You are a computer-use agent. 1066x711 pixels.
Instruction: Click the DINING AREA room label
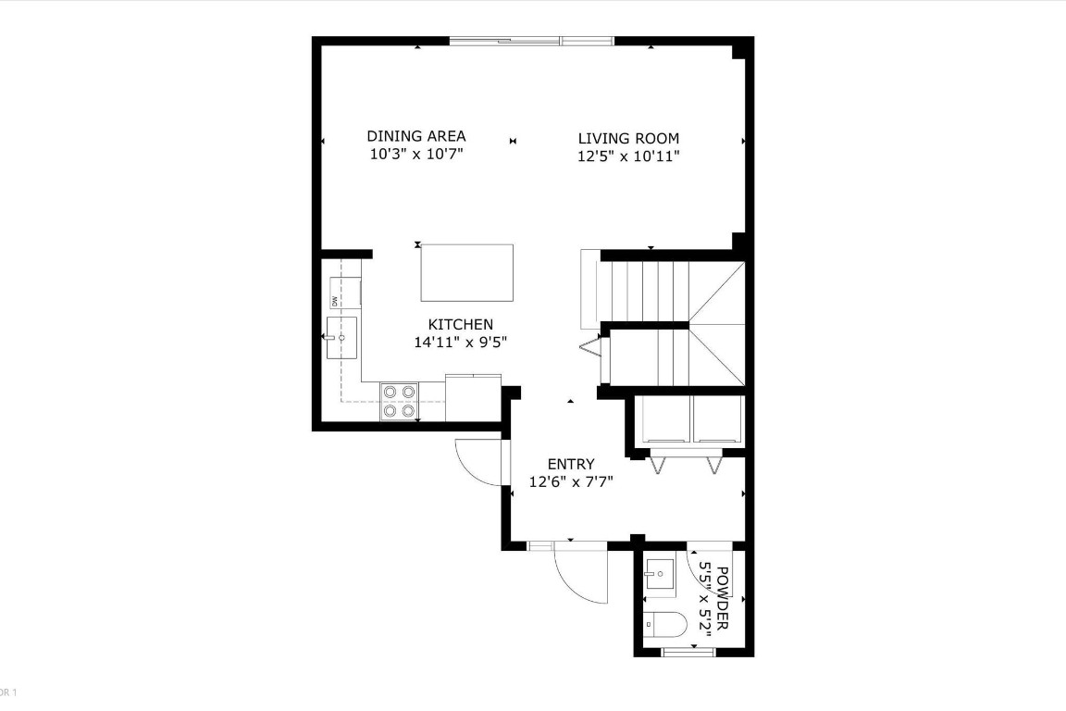click(x=415, y=136)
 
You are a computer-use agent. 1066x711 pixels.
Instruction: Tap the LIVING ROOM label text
click(x=628, y=139)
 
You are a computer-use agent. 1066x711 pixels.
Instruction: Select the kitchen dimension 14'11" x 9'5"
click(x=460, y=342)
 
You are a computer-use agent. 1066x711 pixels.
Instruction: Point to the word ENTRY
click(x=571, y=464)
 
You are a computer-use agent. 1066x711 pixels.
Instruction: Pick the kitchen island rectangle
click(x=466, y=272)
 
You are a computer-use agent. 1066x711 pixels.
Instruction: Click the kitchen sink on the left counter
click(x=341, y=338)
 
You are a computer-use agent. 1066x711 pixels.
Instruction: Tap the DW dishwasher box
click(x=344, y=293)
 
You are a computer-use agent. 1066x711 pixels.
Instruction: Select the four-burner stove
click(x=400, y=402)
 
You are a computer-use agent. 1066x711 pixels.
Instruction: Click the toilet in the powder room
click(x=663, y=627)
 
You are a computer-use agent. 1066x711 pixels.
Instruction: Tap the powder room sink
click(x=663, y=575)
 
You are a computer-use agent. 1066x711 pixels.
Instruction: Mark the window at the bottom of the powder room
click(x=688, y=653)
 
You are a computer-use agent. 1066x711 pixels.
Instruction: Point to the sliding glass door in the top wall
click(x=531, y=40)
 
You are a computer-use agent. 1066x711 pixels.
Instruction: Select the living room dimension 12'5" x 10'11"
click(x=628, y=156)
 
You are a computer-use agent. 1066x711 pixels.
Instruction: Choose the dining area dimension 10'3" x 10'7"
click(x=415, y=154)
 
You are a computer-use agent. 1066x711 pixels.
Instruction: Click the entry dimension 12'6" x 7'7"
click(x=571, y=481)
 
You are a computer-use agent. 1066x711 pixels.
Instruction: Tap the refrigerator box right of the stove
click(x=473, y=398)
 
